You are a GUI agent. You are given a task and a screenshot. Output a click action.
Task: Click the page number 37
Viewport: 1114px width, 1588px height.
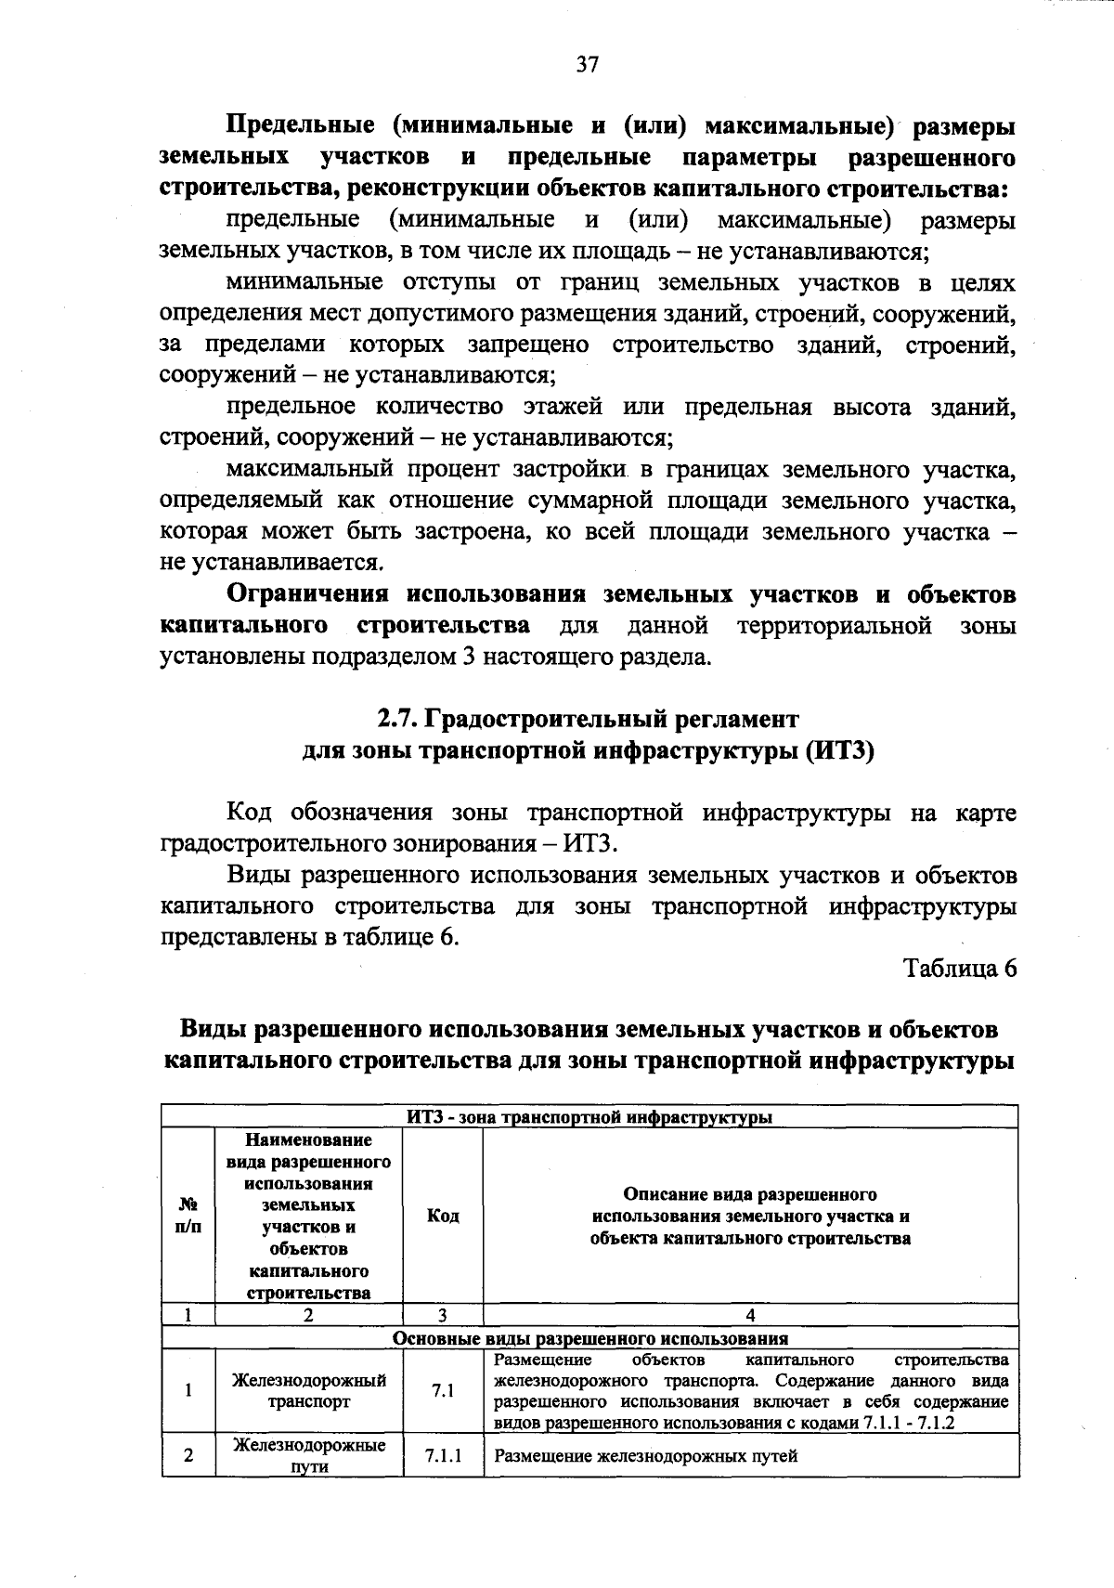[588, 64]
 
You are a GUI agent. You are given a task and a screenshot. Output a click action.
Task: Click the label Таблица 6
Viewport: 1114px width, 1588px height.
[961, 968]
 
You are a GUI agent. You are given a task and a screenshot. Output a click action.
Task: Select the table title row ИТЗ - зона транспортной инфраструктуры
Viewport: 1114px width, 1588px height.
[589, 1116]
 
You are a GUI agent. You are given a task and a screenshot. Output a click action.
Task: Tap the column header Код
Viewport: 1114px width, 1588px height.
[443, 1216]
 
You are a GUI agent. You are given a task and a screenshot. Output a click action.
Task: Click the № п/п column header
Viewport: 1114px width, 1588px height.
[188, 1216]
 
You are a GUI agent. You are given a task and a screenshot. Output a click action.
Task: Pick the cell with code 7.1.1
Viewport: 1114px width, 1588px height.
[443, 1456]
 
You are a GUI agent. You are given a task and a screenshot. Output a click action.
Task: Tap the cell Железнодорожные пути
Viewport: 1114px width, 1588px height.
[308, 1456]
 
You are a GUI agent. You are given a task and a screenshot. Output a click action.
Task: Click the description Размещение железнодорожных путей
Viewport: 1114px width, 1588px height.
[645, 1456]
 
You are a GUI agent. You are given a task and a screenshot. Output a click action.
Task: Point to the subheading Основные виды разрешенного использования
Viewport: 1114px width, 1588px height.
[589, 1338]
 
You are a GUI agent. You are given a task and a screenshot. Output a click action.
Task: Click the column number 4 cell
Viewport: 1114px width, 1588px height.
[750, 1315]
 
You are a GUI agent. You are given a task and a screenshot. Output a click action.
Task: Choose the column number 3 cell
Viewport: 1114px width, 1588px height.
[443, 1315]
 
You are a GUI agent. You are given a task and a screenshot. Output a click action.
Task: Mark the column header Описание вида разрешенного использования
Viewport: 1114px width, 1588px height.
[750, 1216]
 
